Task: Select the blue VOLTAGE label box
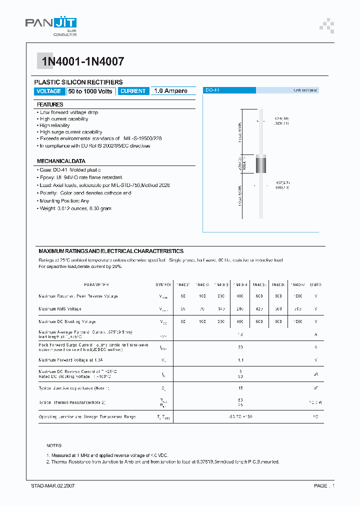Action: point(49,91)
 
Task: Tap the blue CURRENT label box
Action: point(133,91)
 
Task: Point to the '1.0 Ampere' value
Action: point(170,91)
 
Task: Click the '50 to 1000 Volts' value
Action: point(90,91)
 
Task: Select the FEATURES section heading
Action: point(50,104)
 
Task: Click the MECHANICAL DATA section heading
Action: point(61,161)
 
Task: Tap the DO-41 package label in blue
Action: point(213,90)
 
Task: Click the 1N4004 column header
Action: point(240,284)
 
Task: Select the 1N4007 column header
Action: point(297,284)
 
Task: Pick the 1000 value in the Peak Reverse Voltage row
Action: point(297,296)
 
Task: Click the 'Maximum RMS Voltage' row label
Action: point(60,309)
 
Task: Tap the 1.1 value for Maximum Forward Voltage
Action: point(240,359)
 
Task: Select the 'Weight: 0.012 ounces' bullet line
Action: point(74,208)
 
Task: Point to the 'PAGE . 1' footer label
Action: point(324,485)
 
